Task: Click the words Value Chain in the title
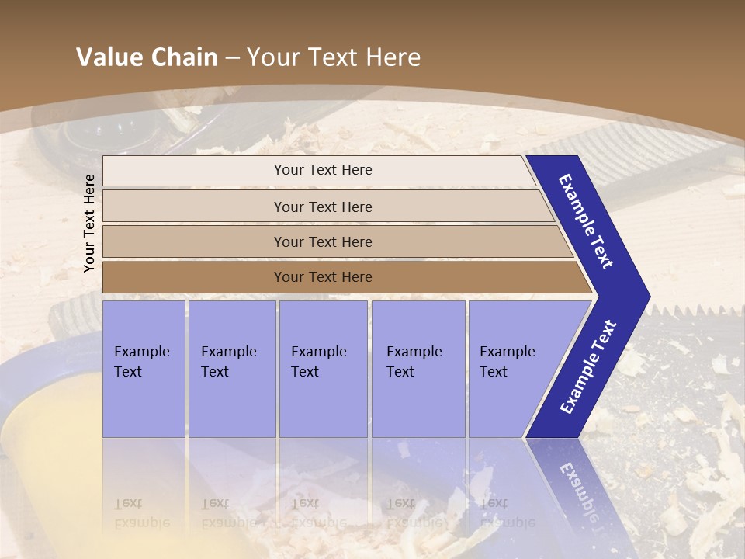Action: [x=147, y=57]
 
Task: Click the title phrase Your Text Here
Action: [x=334, y=57]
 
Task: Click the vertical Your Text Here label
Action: [x=89, y=223]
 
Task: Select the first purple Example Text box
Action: [x=144, y=369]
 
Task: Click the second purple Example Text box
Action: [x=231, y=369]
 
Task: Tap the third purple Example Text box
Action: [x=322, y=369]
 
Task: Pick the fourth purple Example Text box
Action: [x=418, y=369]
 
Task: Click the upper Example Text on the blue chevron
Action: [x=586, y=221]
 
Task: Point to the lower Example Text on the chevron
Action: [x=587, y=366]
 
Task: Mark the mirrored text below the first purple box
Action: [x=141, y=513]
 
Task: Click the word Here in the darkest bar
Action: [x=357, y=277]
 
